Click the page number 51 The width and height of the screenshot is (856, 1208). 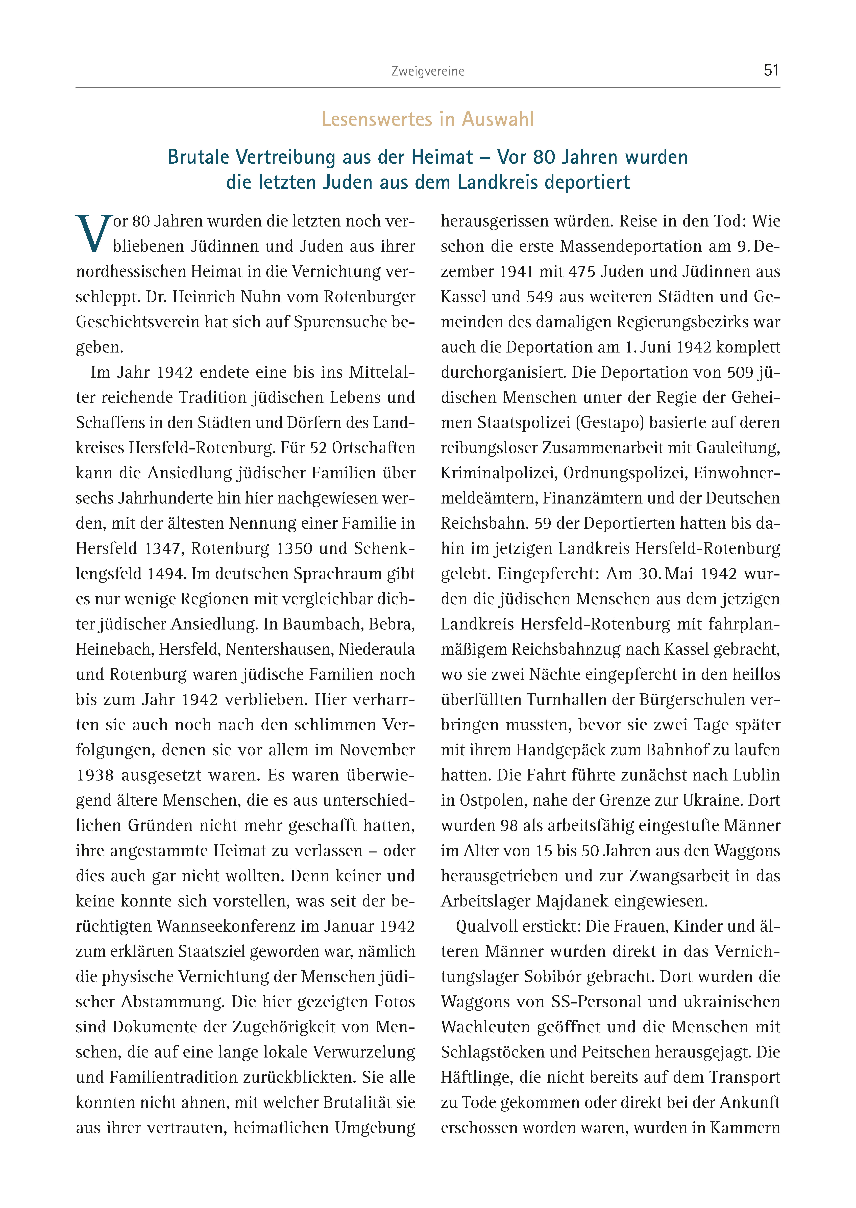tap(771, 70)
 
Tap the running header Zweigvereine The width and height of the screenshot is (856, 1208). tap(427, 71)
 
